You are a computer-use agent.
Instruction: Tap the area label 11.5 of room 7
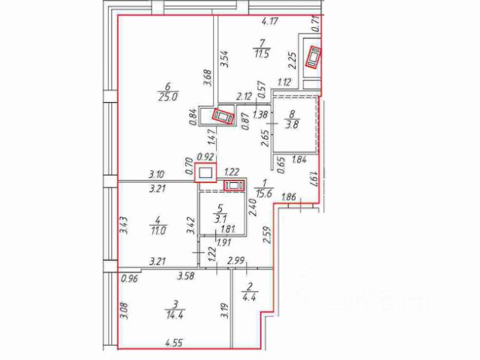[262, 55]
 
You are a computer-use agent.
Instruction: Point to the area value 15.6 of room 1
[262, 193]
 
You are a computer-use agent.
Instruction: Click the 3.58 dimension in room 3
[185, 277]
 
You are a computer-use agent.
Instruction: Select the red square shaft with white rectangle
[205, 172]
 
